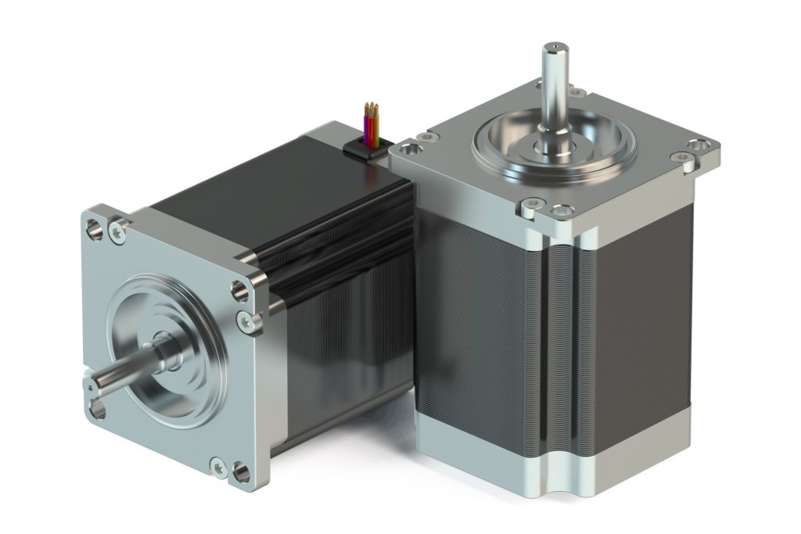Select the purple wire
click(367, 129)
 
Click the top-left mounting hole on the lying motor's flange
click(95, 230)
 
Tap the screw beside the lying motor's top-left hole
click(118, 231)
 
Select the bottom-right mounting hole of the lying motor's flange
click(241, 472)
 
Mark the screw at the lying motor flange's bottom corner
click(219, 468)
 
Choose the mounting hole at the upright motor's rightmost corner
click(699, 145)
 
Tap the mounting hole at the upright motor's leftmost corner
click(408, 148)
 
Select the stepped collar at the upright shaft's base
click(554, 145)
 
